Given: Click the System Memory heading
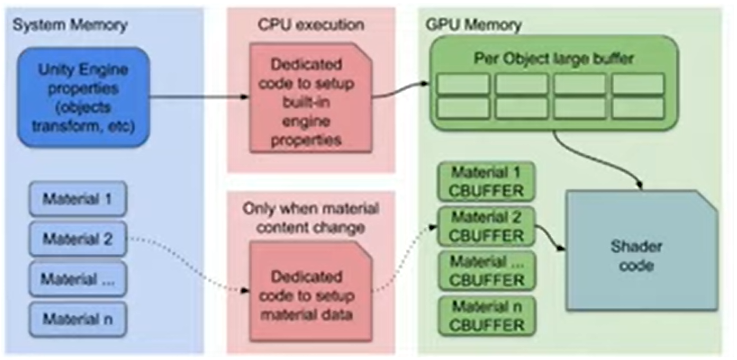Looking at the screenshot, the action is [70, 25].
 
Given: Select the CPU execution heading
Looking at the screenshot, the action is [311, 24].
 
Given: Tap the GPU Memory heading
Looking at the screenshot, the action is [473, 25].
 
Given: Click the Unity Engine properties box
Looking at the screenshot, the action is [83, 97].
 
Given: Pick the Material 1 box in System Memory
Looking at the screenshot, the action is [78, 199].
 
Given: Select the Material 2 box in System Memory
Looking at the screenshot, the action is [78, 239].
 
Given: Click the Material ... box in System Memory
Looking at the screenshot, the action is [78, 279].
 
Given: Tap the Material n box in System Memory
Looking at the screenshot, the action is [78, 320].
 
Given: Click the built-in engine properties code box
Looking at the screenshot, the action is [311, 97].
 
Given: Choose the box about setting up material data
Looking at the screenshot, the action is [311, 290].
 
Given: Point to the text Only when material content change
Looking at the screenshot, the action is [311, 218].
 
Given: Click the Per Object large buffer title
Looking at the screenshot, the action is [554, 60].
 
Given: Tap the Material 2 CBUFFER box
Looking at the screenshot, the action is [486, 226].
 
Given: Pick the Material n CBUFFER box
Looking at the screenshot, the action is [486, 316].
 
